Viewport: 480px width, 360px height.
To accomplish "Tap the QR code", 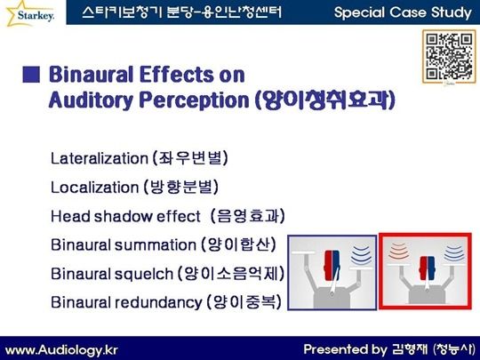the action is (x=450, y=56).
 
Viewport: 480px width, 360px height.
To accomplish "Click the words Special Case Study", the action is (x=403, y=12).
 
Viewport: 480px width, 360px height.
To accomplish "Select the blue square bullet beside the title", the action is (x=31, y=75).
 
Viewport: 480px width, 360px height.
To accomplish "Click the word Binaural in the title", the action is (x=92, y=75).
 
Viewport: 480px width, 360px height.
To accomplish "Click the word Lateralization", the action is (x=100, y=158).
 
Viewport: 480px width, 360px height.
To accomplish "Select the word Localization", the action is (x=94, y=187).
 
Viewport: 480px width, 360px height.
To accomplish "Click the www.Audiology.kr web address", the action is (x=61, y=350).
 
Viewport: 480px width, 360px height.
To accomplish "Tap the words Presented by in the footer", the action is (x=345, y=349).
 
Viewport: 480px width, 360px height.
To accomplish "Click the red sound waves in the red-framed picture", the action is (x=399, y=251).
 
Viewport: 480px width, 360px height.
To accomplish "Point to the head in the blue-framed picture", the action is (x=332, y=265).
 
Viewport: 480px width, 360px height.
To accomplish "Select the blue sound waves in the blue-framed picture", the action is (x=361, y=254).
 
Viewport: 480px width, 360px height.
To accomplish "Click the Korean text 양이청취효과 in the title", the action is (x=324, y=100).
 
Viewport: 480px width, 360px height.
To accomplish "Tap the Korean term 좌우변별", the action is (x=190, y=158).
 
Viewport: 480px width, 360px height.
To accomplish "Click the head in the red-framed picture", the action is (x=427, y=268).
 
